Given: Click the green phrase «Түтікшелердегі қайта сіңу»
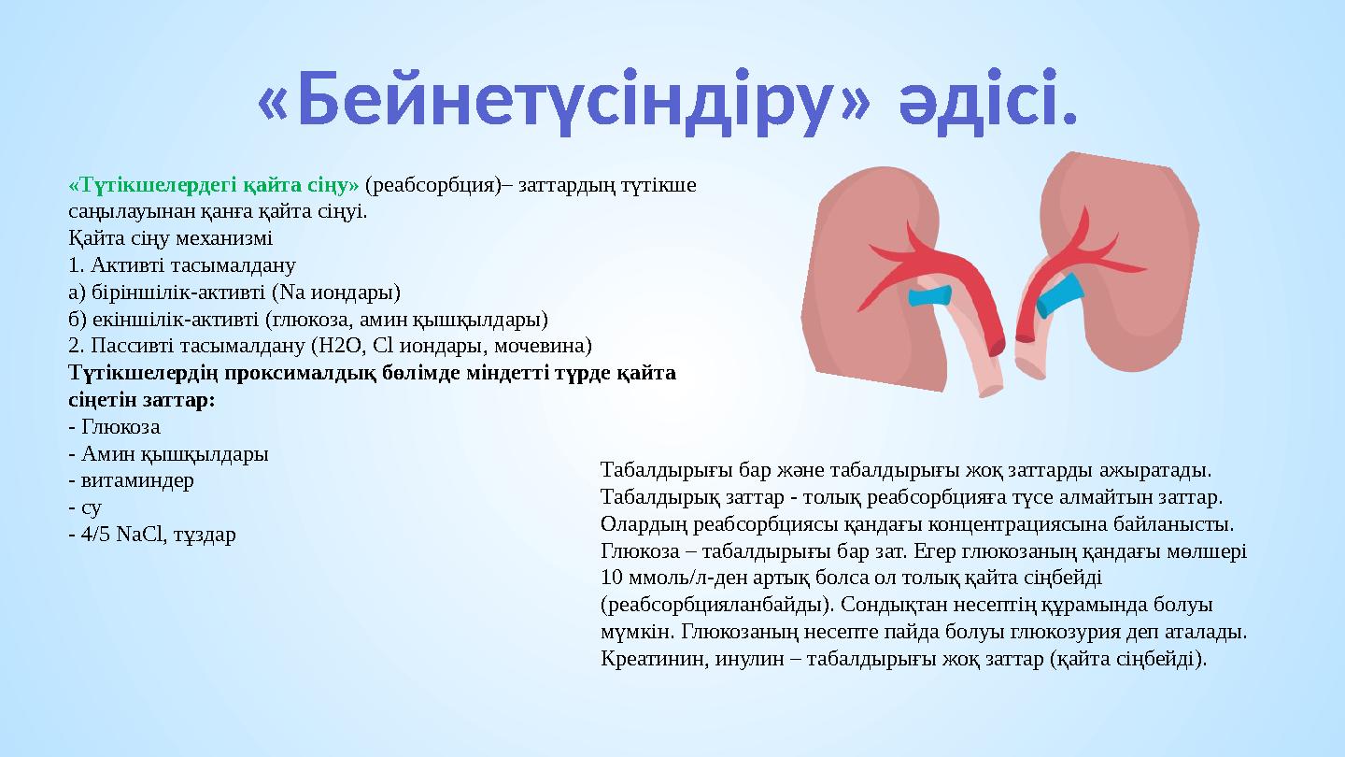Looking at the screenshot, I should pos(214,184).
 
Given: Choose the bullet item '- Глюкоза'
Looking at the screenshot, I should pos(115,427).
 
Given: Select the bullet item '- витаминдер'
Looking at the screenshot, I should pos(132,480).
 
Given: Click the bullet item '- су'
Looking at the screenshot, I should pos(86,507).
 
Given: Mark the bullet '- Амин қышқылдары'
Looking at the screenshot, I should pos(169,454).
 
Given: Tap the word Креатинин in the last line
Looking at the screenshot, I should pos(644,658).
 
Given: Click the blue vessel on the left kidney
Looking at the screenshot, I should pos(930,297).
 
